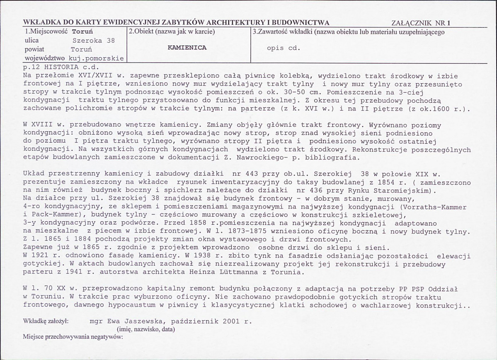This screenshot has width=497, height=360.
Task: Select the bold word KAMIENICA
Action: [x=187, y=48]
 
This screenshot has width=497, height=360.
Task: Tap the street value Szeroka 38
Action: [x=93, y=41]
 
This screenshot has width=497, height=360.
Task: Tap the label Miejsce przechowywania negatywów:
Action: [x=73, y=337]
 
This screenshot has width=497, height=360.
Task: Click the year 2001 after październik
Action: [x=232, y=321]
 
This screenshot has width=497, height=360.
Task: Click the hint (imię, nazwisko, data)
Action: [x=145, y=329]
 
